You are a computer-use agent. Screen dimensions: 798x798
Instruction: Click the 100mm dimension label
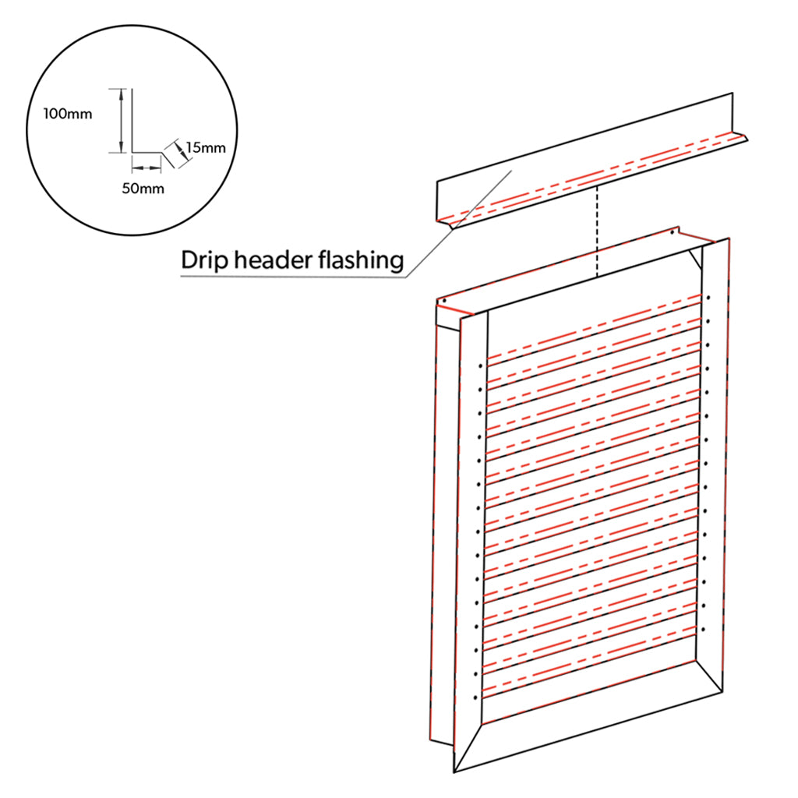68,114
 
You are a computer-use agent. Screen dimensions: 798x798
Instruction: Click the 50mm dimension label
144,188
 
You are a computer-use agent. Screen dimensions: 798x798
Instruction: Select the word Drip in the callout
202,260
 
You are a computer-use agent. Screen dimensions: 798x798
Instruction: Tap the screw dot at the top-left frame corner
442,300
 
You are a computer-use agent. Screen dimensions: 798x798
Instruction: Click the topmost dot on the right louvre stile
709,298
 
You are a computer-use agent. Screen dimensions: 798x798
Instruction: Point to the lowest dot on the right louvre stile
703,628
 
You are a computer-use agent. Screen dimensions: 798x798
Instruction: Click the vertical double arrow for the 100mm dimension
121,121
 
